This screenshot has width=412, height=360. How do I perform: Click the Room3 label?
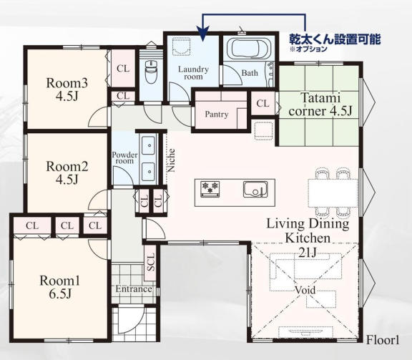click(67, 83)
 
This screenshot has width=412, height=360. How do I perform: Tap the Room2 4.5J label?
click(67, 172)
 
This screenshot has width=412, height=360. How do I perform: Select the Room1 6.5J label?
click(60, 287)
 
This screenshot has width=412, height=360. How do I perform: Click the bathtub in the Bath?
click(250, 49)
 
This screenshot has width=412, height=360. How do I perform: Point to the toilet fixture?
click(151, 72)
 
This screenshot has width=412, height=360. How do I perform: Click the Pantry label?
click(217, 114)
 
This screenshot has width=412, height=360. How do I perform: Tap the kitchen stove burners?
click(210, 189)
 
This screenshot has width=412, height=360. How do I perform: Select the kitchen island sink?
click(255, 189)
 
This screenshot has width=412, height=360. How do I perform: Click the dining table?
click(333, 193)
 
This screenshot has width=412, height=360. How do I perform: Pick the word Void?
click(305, 290)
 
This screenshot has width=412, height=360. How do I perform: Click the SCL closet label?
click(151, 262)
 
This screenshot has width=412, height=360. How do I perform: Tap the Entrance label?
click(134, 289)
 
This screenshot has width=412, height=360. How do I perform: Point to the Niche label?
click(171, 160)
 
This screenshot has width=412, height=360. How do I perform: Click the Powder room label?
click(124, 157)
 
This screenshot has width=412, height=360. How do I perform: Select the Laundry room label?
click(193, 73)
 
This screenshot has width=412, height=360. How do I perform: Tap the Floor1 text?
click(383, 340)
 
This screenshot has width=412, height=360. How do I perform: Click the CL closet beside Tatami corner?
click(263, 103)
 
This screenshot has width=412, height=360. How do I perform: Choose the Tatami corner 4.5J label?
click(320, 104)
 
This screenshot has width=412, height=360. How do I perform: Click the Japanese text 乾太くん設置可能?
click(335, 39)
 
